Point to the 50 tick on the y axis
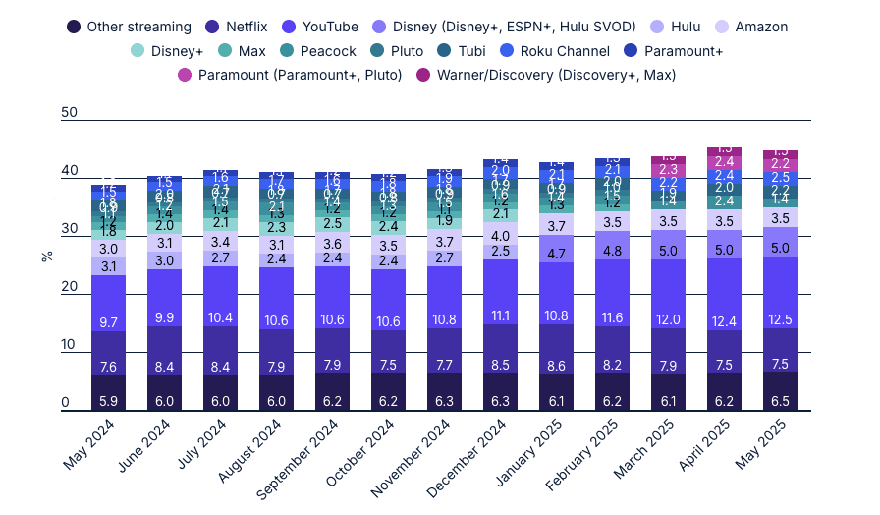(x=69, y=114)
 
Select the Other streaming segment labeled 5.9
(x=108, y=392)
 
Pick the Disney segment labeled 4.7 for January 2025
(x=556, y=253)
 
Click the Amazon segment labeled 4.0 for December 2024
(x=500, y=235)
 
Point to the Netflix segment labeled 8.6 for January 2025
(x=556, y=350)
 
